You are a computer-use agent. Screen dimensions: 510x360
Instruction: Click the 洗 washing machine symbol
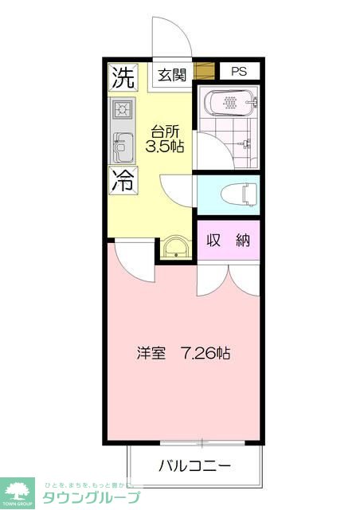pos(122,77)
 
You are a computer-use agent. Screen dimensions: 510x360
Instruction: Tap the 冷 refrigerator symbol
pos(122,181)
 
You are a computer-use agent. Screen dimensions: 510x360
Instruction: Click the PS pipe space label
pos(240,72)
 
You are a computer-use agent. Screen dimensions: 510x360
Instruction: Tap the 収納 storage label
pos(229,241)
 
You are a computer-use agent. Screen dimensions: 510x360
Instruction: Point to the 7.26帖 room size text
pos(205,352)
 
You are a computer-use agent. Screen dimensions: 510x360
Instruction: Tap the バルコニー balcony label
pos(195,465)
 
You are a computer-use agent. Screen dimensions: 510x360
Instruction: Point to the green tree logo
pos(17,489)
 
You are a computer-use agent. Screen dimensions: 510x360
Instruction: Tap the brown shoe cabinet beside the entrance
pos(205,71)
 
